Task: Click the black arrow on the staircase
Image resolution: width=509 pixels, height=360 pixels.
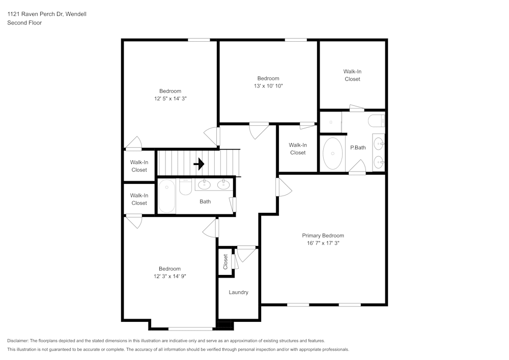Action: [199, 164]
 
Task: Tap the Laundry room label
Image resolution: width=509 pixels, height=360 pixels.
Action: [238, 292]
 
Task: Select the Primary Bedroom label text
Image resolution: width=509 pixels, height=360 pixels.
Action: [323, 236]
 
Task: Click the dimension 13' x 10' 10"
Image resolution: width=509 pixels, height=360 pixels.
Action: [268, 86]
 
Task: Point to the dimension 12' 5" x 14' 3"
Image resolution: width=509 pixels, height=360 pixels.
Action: [169, 99]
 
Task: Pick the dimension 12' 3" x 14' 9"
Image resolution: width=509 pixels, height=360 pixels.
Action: [169, 276]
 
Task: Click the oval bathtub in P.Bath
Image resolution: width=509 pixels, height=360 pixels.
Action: [333, 153]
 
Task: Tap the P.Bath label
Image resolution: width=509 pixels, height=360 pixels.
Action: [358, 148]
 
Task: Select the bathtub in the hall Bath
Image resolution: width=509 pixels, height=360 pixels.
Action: [166, 197]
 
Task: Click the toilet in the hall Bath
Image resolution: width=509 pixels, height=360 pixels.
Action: [185, 187]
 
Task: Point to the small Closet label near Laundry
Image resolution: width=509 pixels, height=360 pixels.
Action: [225, 262]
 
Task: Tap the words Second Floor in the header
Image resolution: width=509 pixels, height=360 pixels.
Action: [24, 23]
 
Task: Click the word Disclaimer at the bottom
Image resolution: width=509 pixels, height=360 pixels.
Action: [18, 341]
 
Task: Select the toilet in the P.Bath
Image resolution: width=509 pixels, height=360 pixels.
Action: [377, 121]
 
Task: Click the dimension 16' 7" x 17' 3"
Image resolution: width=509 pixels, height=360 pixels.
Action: [323, 243]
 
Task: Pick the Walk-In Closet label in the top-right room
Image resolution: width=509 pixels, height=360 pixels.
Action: [352, 75]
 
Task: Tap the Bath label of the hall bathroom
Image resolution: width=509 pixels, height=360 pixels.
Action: [205, 202]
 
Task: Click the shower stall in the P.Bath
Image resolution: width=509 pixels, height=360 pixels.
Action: [330, 123]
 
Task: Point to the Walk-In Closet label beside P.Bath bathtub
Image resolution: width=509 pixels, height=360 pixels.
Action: [298, 149]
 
